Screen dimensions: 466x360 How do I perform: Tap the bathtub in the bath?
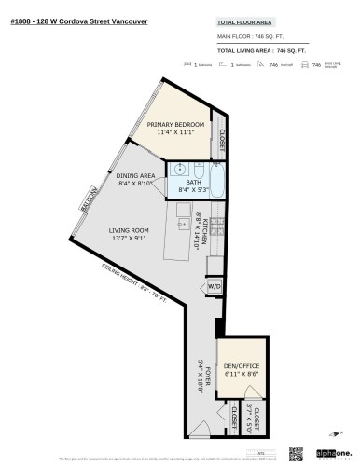pos(217,176)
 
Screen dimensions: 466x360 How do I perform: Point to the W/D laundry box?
pos(214,286)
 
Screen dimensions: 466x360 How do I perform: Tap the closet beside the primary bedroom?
pos(222,138)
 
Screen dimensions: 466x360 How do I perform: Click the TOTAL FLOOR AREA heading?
pos(244,21)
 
